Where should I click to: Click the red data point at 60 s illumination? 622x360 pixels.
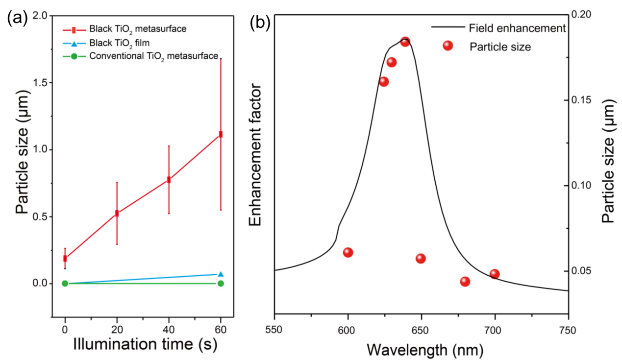point(221,134)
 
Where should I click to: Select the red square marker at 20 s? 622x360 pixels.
point(117,214)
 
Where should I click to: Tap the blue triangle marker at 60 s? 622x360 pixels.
point(221,274)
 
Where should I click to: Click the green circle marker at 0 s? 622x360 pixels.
point(65,284)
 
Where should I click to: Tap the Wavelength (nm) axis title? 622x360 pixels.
point(421,350)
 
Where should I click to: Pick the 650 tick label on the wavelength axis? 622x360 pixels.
point(421,329)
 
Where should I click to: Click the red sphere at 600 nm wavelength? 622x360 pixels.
point(348,253)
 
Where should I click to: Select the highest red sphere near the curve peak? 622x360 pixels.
point(405,42)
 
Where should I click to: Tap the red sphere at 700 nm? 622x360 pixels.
point(495,274)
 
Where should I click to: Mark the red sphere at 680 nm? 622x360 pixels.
point(465,282)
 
